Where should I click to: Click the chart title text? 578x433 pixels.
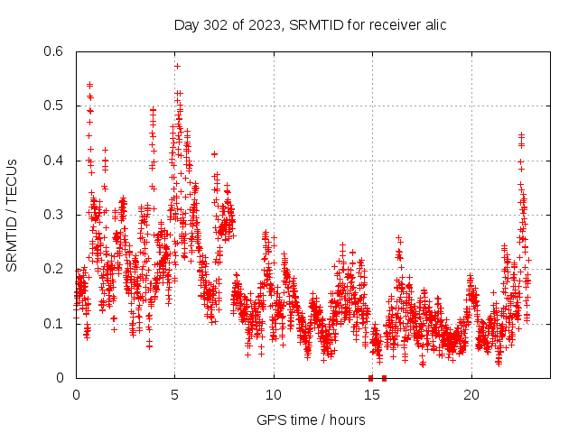[310, 24]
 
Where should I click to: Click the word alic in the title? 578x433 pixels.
[433, 24]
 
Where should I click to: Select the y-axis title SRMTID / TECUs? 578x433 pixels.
[12, 215]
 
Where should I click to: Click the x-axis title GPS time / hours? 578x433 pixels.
[311, 419]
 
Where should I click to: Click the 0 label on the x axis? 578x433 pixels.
[76, 394]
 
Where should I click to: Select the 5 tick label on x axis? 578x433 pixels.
[175, 394]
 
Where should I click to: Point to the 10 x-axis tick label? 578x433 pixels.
[274, 394]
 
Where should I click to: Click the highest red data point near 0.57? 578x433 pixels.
[177, 66]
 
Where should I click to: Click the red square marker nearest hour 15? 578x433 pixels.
[371, 378]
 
